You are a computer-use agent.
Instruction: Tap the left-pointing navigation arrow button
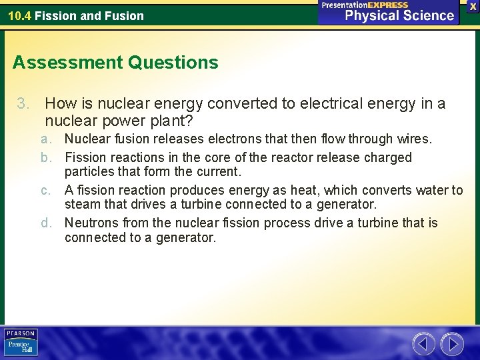[423, 344]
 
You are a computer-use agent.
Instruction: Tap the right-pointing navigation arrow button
[452, 344]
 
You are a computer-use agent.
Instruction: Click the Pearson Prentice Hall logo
[21, 343]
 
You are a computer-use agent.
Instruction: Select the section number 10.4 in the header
[19, 15]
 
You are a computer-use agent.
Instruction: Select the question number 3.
[24, 104]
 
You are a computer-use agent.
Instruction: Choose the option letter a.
[46, 139]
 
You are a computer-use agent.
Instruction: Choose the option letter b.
[46, 158]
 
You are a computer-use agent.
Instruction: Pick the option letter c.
[46, 191]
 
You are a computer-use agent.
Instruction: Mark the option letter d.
[46, 223]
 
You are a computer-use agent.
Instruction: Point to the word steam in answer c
[81, 204]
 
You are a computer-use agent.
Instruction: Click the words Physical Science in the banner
[399, 15]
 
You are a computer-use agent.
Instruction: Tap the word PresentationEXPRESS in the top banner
[365, 5]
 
